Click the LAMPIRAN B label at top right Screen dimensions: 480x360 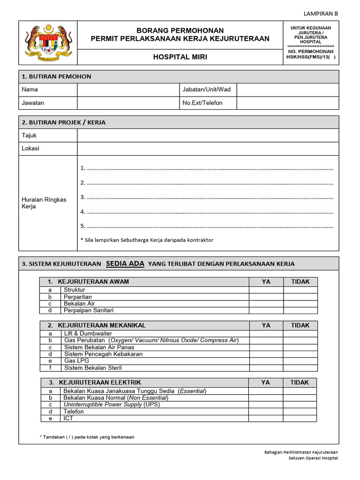[x=321, y=14]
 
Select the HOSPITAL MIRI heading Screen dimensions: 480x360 [x=180, y=57]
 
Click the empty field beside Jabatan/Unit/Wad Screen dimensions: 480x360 [x=287, y=90]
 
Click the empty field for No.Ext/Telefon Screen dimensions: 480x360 [x=287, y=103]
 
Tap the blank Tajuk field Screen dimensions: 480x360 [x=208, y=135]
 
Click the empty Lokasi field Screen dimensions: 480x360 [x=208, y=149]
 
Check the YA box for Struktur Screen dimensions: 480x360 [x=266, y=290]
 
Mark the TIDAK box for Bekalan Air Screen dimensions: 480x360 [x=300, y=304]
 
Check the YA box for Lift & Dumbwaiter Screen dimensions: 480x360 [x=266, y=334]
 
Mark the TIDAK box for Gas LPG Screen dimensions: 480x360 [x=300, y=361]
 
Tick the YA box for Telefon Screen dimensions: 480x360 [x=265, y=412]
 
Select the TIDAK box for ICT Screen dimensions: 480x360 [x=300, y=418]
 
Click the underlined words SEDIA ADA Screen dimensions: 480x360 [x=125, y=263]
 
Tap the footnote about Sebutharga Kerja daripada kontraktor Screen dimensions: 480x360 [x=147, y=240]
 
